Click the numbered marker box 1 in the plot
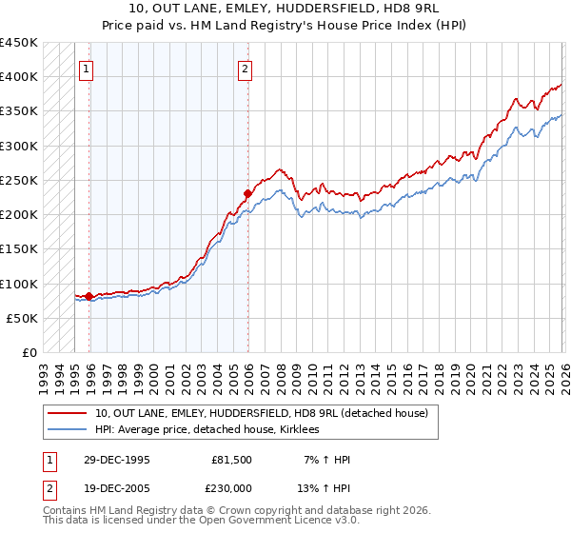(87, 68)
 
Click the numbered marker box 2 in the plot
(246, 68)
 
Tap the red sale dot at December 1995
(89, 296)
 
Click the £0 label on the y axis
(30, 353)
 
